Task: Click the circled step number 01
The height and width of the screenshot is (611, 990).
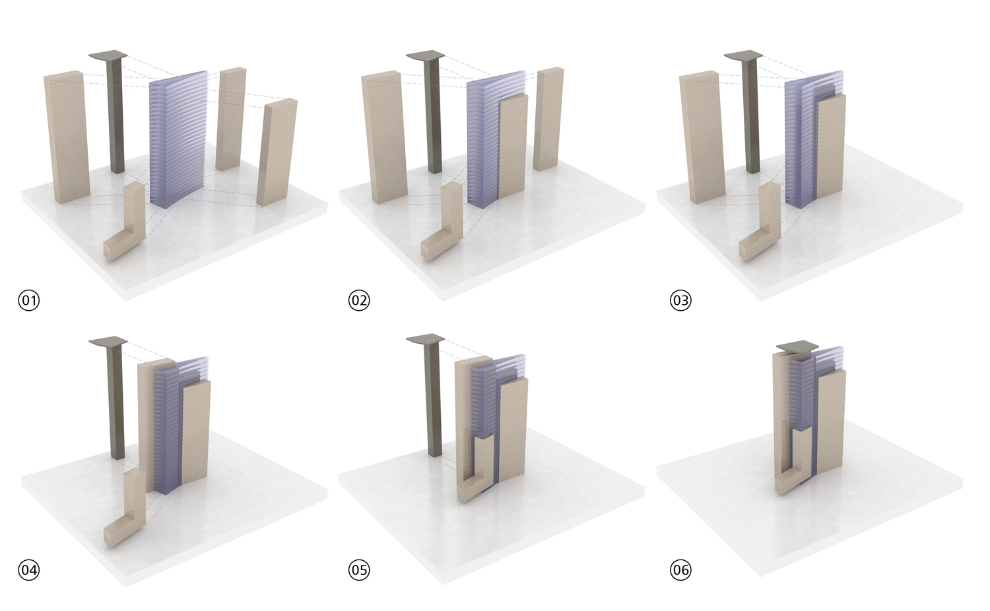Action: [29, 300]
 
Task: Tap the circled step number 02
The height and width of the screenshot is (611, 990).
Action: [359, 300]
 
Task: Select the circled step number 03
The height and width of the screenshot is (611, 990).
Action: [680, 300]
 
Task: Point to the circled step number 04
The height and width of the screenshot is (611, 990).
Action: [29, 570]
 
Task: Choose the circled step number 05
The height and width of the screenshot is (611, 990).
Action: [359, 570]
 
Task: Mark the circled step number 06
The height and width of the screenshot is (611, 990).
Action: [680, 570]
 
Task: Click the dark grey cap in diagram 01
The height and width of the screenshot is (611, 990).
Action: [108, 55]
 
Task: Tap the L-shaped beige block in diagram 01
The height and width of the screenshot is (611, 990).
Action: [128, 225]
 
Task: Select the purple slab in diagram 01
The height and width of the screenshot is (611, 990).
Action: [178, 139]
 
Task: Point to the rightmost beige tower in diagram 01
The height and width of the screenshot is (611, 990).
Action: [277, 152]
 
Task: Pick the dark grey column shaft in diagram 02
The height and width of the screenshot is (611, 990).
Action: [434, 115]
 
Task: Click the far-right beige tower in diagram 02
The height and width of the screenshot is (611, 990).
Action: [548, 119]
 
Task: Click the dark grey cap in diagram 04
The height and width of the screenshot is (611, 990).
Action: [108, 341]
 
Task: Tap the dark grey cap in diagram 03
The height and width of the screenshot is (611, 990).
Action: [743, 55]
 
